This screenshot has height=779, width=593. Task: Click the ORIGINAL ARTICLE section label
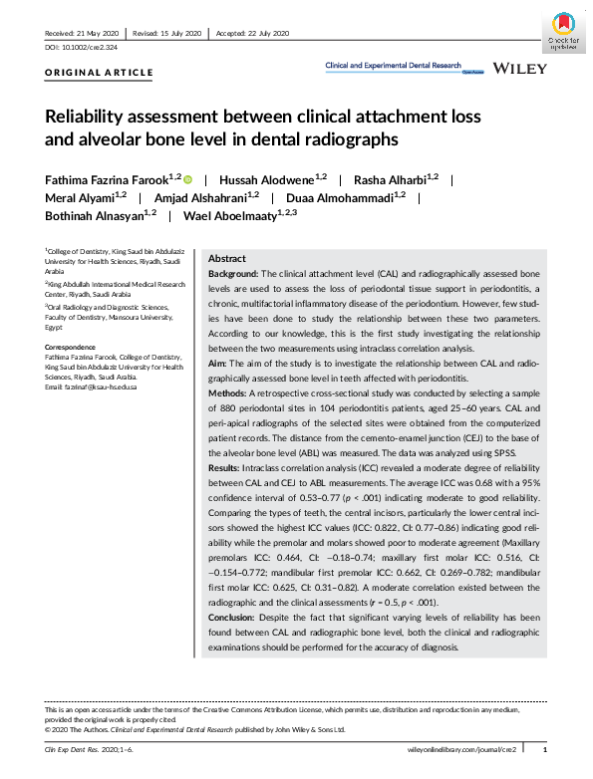[100, 73]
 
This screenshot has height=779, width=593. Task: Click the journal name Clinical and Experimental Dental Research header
[395, 66]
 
